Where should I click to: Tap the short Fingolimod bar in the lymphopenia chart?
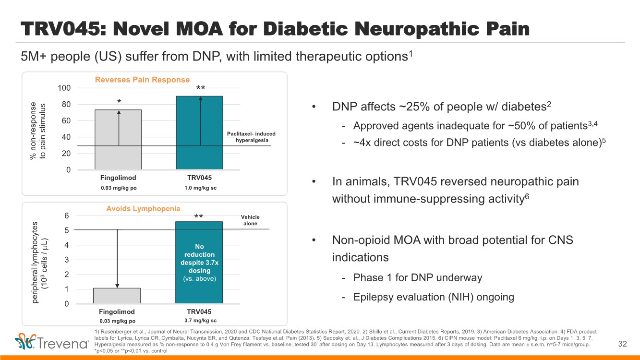117,296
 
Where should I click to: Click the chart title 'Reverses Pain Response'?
142,80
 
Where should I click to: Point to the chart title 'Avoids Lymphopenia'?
143,208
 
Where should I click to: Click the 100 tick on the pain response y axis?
64,88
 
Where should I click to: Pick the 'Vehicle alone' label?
250,220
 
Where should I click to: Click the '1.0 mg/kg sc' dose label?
200,188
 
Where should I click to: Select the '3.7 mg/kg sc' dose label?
200,320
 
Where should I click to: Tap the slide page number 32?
623,344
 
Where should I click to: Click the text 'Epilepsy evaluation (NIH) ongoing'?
434,297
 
